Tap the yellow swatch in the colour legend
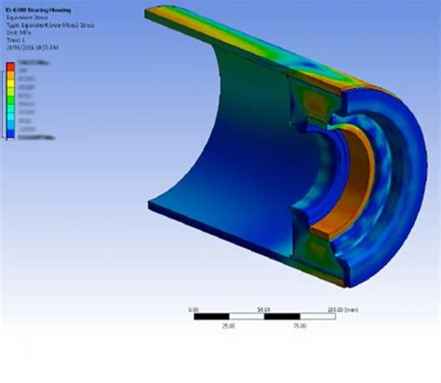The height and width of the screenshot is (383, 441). pos(10,85)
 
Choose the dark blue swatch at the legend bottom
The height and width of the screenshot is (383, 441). pos(10,137)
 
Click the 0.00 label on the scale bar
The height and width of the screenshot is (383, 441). pos(194,309)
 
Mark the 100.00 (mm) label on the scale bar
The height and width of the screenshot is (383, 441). pos(337,309)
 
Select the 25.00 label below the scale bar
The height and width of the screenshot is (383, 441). pos(229,326)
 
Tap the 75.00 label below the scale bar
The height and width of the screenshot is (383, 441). pos(300,326)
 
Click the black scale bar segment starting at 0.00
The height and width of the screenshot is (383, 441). pos(212,317)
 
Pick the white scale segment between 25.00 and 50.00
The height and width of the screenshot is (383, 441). pos(247,317)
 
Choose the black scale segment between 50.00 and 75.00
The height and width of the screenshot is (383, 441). pos(282,317)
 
